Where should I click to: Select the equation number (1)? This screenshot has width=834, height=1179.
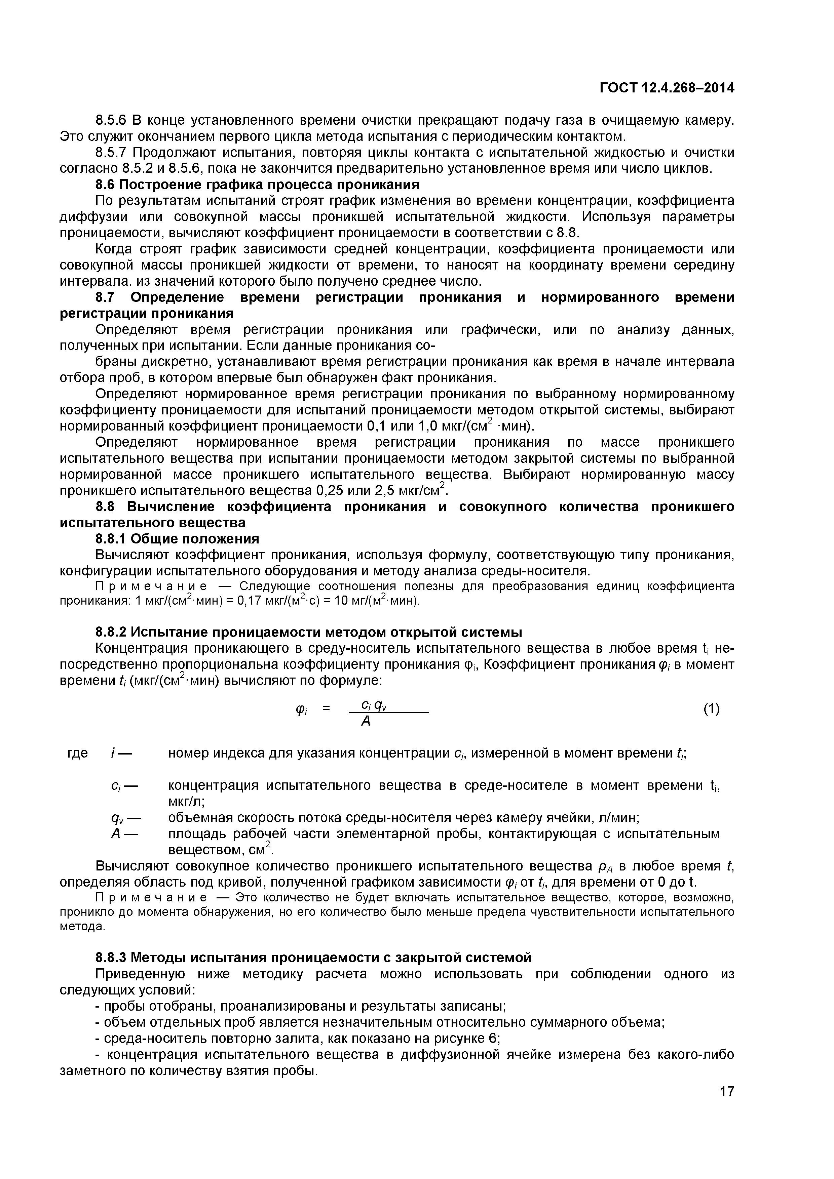(x=711, y=709)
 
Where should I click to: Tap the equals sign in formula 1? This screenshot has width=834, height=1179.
(x=326, y=708)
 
